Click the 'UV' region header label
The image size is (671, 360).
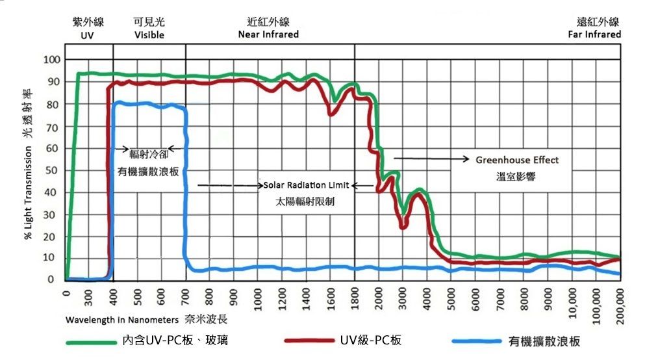(88, 35)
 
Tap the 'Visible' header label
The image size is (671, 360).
(149, 35)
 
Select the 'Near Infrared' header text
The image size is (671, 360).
(268, 34)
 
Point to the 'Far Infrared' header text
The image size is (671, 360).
(594, 34)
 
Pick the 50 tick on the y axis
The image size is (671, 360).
(55, 170)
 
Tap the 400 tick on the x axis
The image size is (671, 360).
(114, 298)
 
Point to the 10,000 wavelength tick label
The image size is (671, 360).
(572, 302)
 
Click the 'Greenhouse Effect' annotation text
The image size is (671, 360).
(517, 160)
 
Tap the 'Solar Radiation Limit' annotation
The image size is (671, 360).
(306, 185)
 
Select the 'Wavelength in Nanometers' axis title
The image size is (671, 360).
(122, 320)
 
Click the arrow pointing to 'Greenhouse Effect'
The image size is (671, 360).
(431, 159)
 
